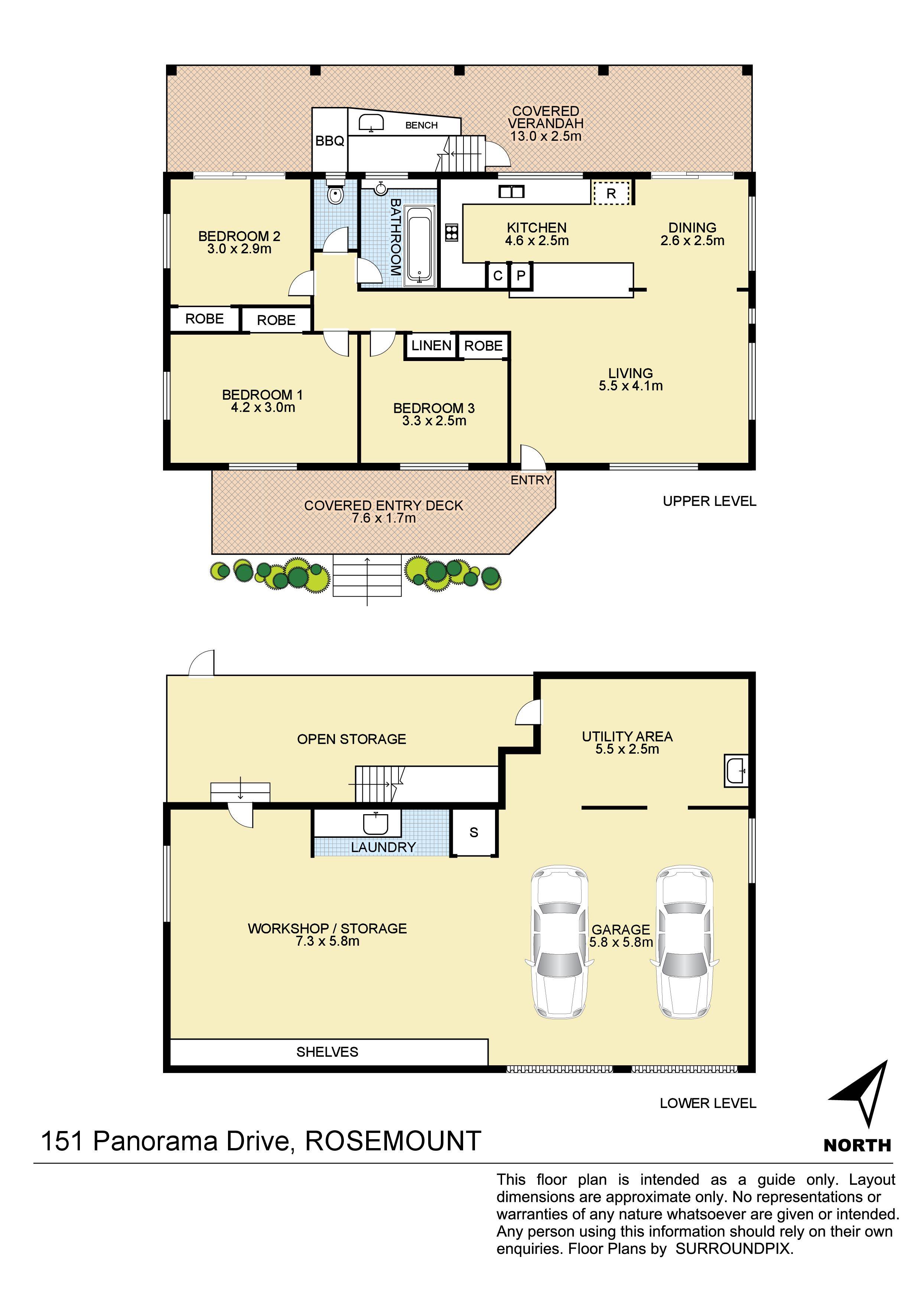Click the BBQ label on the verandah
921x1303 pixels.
[x=330, y=141]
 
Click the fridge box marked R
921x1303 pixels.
[x=611, y=193]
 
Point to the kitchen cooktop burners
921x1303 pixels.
[x=452, y=232]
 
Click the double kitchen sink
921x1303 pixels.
[x=511, y=192]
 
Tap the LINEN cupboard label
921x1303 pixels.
[x=431, y=345]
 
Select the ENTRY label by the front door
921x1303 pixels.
[x=531, y=480]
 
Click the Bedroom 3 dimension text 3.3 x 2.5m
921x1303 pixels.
[x=434, y=421]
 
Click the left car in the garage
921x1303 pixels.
[x=559, y=942]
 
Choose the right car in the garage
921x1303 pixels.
[x=684, y=942]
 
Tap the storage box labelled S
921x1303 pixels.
[x=474, y=832]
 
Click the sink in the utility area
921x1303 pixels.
[x=736, y=771]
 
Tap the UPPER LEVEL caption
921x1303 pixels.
[x=709, y=501]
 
